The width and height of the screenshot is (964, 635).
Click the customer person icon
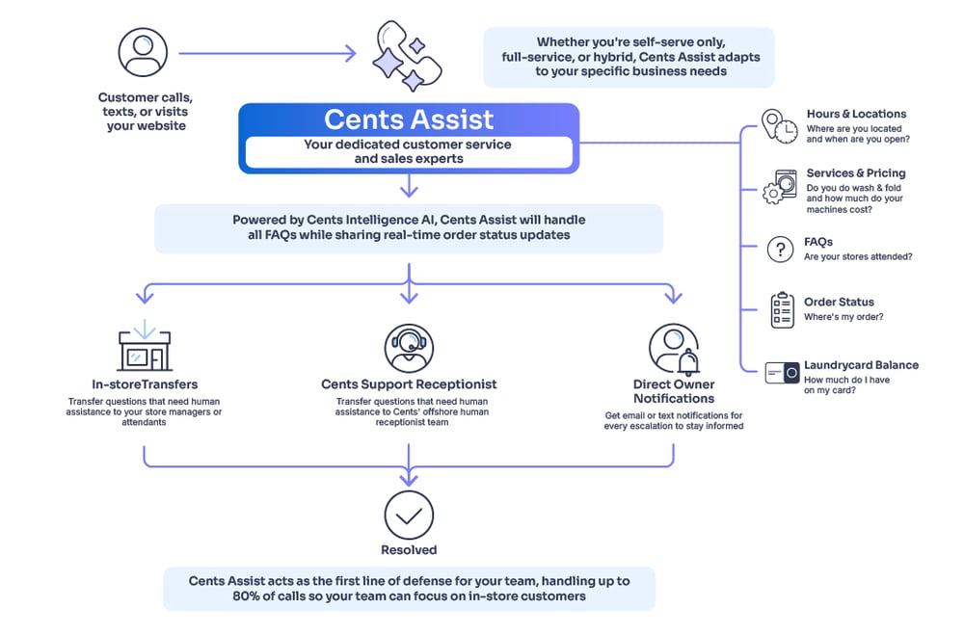[144, 52]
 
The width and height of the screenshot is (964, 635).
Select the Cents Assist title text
[409, 119]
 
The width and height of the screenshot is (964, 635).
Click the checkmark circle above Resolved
[409, 515]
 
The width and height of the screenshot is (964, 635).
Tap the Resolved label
[409, 550]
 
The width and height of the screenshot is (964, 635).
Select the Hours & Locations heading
[856, 114]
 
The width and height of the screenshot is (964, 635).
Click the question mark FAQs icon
[779, 250]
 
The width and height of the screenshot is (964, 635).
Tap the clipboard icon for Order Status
[782, 309]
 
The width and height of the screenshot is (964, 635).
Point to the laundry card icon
[782, 372]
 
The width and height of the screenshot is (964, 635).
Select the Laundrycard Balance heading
[862, 365]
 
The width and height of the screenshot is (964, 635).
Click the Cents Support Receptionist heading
[409, 384]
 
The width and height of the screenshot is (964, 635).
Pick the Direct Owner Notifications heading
[674, 391]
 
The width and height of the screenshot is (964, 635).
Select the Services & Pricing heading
[856, 173]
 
